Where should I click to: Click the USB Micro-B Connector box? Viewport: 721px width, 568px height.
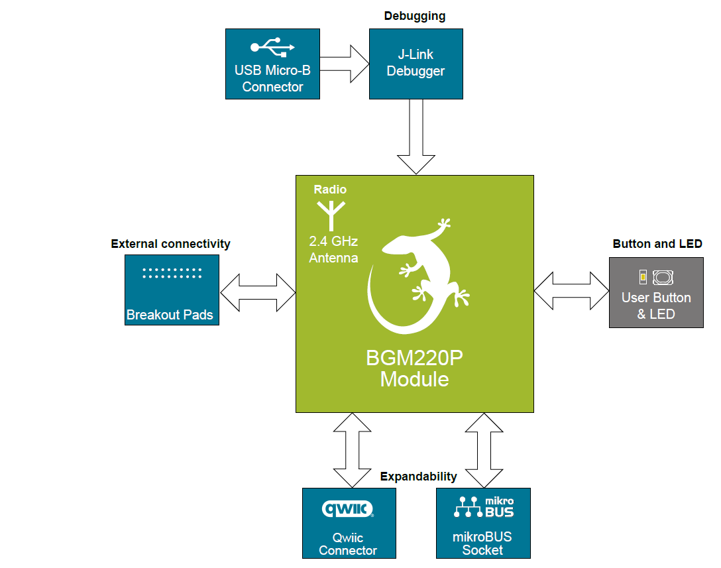[x=272, y=64]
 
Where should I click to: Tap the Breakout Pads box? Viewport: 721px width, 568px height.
[x=171, y=290]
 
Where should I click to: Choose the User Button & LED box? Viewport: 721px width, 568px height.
[x=656, y=292]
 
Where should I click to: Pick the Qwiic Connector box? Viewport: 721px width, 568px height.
[x=349, y=523]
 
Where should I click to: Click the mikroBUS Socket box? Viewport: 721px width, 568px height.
[x=483, y=523]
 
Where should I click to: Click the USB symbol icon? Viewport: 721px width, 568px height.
[x=272, y=47]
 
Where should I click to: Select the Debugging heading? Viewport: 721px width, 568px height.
[x=415, y=16]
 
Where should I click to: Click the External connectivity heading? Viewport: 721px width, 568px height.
[x=170, y=244]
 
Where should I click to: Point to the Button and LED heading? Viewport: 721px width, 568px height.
[x=657, y=244]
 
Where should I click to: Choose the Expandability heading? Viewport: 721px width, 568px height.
[x=418, y=477]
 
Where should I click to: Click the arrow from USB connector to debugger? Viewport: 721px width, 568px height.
[x=345, y=64]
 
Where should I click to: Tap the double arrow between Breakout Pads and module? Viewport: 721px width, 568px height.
[x=258, y=292]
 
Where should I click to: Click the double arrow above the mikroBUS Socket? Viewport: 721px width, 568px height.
[x=484, y=450]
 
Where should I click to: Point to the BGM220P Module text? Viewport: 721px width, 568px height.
[x=414, y=369]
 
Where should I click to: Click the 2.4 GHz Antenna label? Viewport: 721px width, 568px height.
[x=333, y=250]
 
